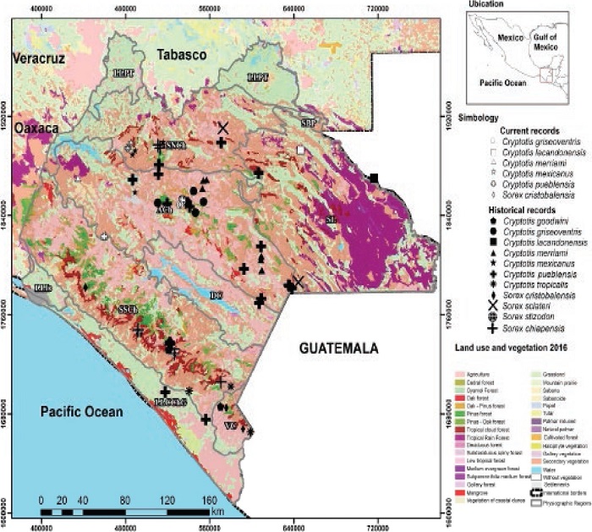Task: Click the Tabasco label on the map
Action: coord(179,55)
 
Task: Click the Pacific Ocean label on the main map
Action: coord(80,412)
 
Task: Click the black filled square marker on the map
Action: coord(374,178)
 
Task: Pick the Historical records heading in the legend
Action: coord(518,209)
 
